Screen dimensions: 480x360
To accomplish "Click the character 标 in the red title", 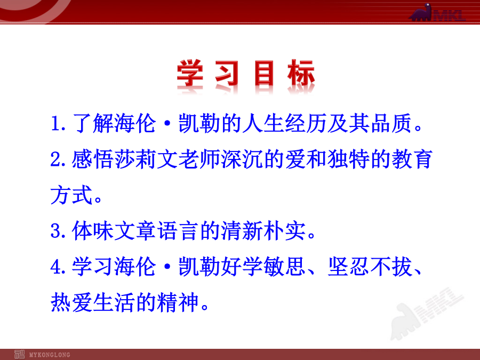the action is click(301, 73).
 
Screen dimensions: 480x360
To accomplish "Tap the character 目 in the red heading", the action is click(264, 73).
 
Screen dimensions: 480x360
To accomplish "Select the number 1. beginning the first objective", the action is click(58, 123).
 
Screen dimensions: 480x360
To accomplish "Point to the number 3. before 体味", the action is click(58, 230).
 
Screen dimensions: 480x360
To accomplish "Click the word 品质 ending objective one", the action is click(391, 123).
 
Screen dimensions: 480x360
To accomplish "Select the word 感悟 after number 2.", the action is click(93, 159).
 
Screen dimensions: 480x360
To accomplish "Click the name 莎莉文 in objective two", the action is click(146, 159).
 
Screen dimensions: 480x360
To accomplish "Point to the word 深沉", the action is click(242, 159).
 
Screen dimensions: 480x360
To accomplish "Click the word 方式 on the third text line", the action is click(71, 195).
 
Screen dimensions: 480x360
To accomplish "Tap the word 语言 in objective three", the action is click(178, 230).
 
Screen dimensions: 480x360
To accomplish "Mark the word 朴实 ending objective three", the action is click(285, 230).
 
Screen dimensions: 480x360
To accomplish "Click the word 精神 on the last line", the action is click(178, 302).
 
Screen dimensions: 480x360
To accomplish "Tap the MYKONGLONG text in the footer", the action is click(50, 355).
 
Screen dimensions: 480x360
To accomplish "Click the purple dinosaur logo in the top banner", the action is click(421, 13).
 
